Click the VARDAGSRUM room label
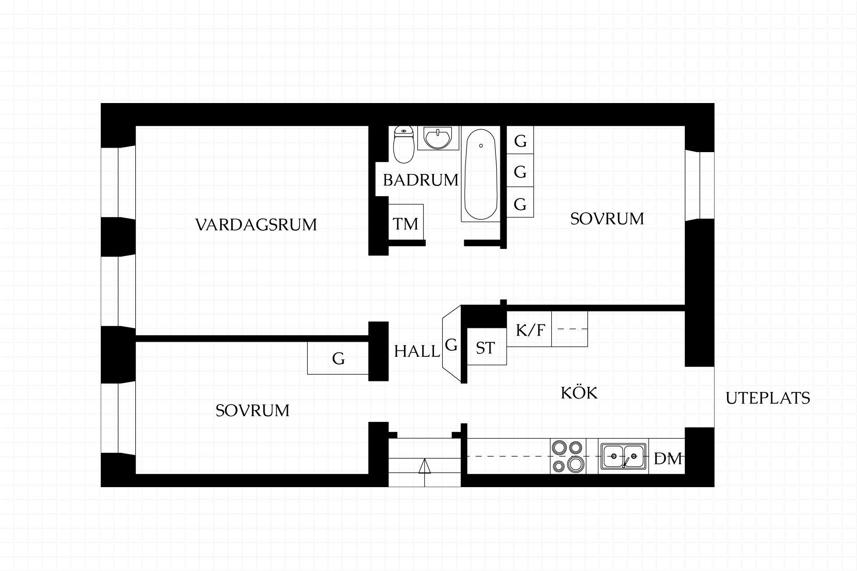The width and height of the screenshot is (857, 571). [256, 224]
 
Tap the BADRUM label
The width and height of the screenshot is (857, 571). [420, 180]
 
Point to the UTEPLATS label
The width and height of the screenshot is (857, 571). [768, 398]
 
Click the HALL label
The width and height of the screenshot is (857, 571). [417, 352]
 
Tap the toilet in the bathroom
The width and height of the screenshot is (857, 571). [404, 144]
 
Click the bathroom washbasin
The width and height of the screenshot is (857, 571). [438, 138]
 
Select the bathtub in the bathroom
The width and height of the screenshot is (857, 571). [481, 174]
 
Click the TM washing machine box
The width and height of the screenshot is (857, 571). [406, 223]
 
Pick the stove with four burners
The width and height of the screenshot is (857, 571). [568, 456]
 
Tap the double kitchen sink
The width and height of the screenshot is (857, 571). [623, 456]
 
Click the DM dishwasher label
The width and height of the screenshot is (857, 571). [668, 459]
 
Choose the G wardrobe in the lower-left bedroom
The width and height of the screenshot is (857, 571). [338, 358]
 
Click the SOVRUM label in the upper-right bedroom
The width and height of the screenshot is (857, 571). [607, 219]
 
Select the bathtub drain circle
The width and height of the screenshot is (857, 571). [481, 146]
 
